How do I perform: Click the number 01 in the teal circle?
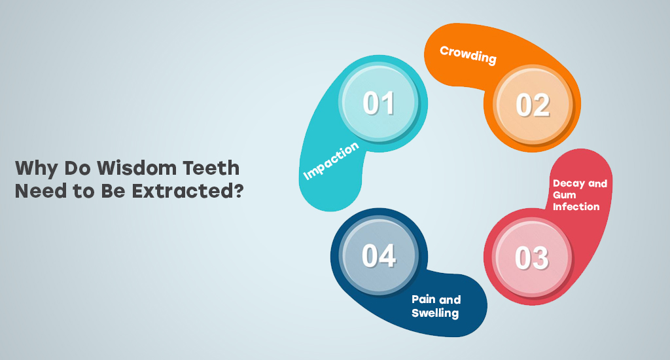coord(379,103)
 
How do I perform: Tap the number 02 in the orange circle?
coord(533,105)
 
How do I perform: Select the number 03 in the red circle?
coord(531,258)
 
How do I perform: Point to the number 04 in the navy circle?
coord(379,256)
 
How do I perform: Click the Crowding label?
coord(468,55)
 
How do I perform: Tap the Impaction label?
coord(330,161)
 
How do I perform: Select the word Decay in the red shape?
coord(569,184)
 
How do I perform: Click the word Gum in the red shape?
coord(565,195)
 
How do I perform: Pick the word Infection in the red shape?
coord(576,206)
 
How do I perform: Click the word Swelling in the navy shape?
coord(435,313)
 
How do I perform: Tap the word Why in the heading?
coord(37,168)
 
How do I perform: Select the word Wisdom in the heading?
coord(136,168)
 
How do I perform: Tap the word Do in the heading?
coord(77,168)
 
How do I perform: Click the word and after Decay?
coord(597,183)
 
